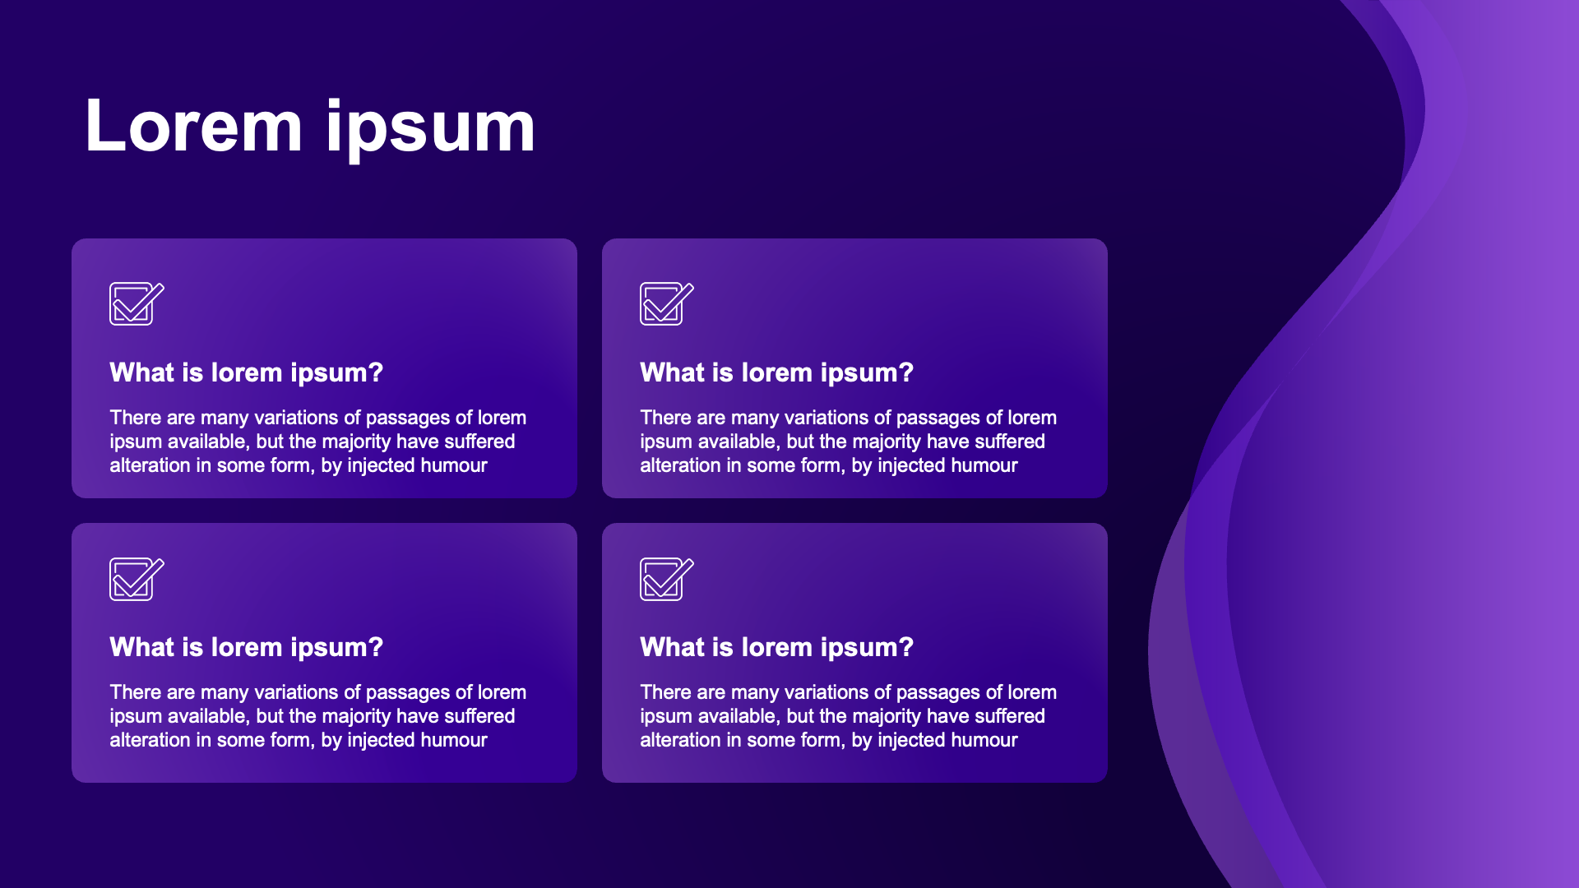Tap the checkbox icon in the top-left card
pos(137,303)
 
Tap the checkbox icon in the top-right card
pos(667,303)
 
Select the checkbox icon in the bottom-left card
pos(137,579)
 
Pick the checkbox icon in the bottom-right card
pos(667,579)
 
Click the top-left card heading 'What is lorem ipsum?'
pos(247,373)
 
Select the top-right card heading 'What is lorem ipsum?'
pos(777,373)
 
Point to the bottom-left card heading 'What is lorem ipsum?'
pos(247,648)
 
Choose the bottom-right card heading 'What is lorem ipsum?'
pos(777,648)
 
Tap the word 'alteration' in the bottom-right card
pos(680,740)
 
